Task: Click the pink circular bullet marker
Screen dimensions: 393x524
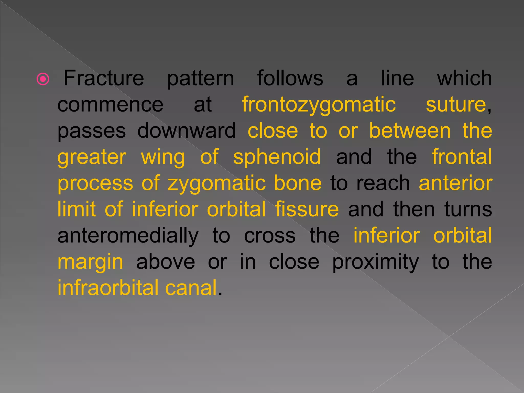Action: tap(43, 79)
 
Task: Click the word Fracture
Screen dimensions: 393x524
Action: tap(104, 78)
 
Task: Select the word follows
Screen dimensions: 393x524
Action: tap(290, 78)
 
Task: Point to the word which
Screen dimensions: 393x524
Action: tap(464, 78)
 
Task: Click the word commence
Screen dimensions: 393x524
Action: tap(110, 105)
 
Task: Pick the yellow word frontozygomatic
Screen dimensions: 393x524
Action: tap(319, 105)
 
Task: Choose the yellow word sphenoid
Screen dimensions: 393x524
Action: tap(277, 157)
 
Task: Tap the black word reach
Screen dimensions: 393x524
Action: tap(383, 183)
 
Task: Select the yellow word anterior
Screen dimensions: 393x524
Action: tap(456, 183)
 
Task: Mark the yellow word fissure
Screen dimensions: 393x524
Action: tap(307, 209)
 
